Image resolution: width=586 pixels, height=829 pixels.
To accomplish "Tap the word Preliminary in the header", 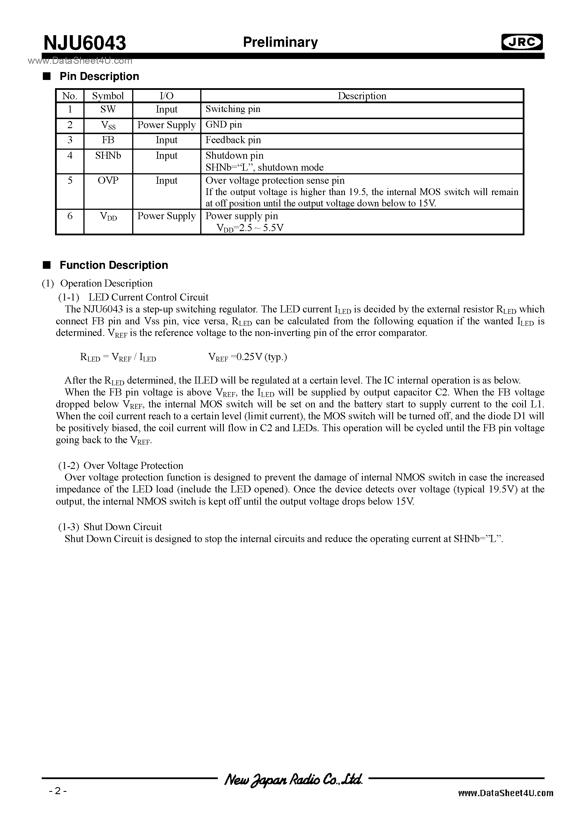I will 280,42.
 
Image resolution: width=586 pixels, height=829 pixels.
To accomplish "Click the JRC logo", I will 522,43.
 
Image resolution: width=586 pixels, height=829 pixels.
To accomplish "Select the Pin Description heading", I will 99,77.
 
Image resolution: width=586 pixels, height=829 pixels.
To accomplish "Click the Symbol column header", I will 108,96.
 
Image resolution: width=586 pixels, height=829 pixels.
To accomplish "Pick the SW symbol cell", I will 108,109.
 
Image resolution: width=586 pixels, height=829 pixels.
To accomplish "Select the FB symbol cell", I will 108,140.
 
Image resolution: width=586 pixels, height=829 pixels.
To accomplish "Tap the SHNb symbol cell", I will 108,156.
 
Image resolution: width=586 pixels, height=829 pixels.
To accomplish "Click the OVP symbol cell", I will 108,181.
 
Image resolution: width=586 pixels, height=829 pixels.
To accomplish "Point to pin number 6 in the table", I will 70,216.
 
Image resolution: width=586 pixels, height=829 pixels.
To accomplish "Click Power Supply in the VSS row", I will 166,125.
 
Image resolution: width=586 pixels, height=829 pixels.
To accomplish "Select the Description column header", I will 362,96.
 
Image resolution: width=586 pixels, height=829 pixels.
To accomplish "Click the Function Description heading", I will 113,265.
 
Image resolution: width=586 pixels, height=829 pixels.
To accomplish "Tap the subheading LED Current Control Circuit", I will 148,297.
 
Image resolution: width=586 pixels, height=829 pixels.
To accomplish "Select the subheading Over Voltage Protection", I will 133,466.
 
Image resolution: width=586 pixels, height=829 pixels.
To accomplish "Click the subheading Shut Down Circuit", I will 123,527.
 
